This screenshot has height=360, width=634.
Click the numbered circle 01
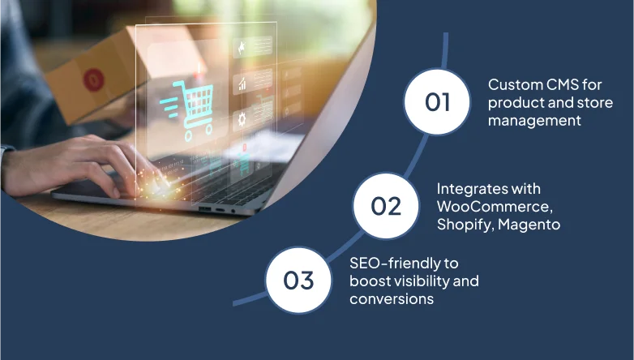[437, 102]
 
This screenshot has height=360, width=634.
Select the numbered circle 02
[386, 206]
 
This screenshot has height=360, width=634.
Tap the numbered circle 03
[298, 281]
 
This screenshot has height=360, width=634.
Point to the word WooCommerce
[495, 207]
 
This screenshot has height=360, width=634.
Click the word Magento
[529, 225]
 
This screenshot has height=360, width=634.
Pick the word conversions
[392, 299]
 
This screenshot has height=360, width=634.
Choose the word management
[534, 121]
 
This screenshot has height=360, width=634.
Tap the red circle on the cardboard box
[93, 79]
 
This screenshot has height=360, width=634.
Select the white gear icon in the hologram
[242, 119]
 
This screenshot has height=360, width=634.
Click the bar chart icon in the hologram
[242, 84]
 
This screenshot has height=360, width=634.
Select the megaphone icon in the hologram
[242, 48]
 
